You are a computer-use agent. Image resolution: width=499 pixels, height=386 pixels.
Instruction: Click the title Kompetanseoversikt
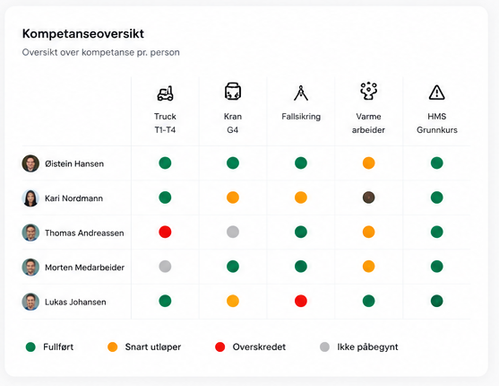click(83, 34)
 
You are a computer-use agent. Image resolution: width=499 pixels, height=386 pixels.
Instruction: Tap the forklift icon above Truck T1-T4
click(165, 93)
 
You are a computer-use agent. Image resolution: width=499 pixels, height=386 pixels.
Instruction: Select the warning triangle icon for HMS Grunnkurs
click(436, 92)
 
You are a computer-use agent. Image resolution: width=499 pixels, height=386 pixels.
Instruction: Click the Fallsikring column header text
click(301, 117)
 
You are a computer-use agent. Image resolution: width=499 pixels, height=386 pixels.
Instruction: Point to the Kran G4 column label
click(233, 123)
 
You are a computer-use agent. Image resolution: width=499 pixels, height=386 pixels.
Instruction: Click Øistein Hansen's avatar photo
click(30, 163)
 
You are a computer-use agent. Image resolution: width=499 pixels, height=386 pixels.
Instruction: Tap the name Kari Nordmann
click(73, 198)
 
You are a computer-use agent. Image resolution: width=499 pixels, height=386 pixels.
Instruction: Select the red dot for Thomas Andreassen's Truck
click(165, 232)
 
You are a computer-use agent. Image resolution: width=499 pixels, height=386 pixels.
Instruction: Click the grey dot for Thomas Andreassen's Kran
click(233, 232)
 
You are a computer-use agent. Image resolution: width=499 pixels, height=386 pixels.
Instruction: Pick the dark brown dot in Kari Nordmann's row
click(368, 197)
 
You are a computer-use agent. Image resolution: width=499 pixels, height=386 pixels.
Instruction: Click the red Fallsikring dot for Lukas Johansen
click(301, 301)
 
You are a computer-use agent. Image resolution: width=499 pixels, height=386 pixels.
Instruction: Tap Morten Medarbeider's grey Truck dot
click(165, 267)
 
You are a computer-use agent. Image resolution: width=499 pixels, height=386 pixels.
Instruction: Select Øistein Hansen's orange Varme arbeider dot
click(368, 163)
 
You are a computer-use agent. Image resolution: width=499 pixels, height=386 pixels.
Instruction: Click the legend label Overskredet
click(259, 347)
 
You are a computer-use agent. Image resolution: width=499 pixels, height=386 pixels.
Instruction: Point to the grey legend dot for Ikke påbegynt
click(324, 347)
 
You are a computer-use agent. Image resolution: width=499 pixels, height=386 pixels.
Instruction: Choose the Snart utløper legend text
click(153, 347)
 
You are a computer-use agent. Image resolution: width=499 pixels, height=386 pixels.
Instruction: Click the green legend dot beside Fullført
click(30, 347)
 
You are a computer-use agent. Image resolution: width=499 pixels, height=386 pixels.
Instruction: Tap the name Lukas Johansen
click(75, 303)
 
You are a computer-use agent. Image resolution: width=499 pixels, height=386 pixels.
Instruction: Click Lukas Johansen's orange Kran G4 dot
click(233, 301)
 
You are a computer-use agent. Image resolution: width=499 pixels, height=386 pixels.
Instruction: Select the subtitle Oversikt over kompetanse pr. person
click(101, 52)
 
